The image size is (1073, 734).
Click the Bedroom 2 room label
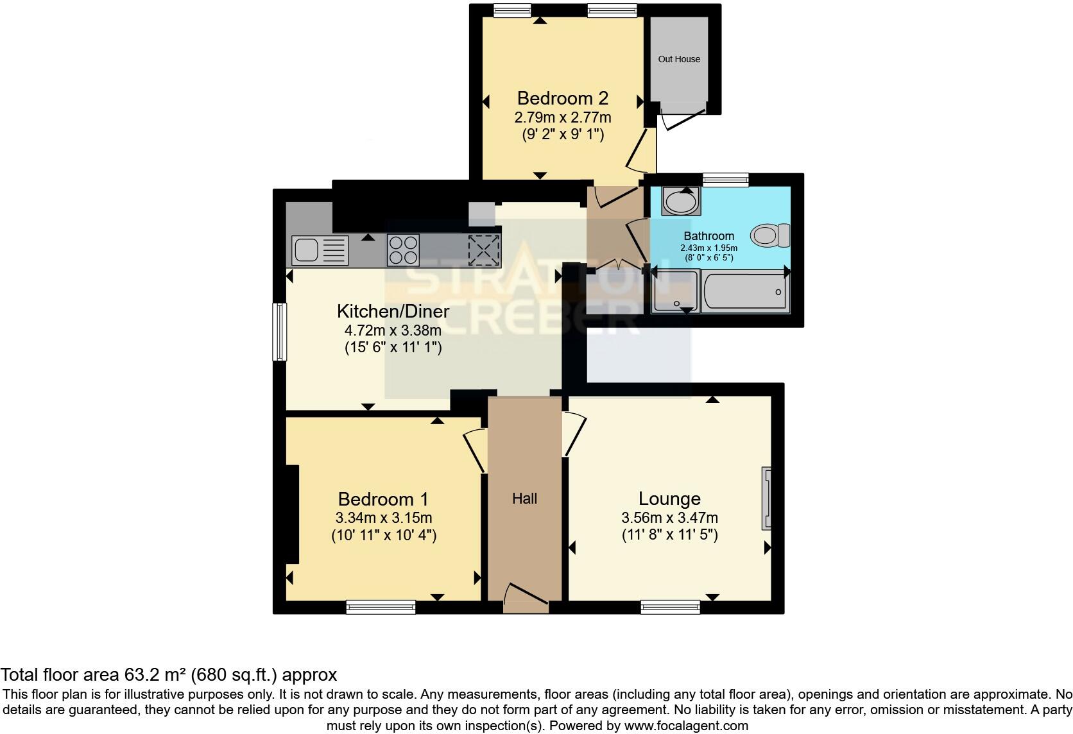click(562, 98)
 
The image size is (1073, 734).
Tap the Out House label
click(679, 59)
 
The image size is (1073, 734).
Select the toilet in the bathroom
click(771, 235)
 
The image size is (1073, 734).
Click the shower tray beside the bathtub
click(674, 292)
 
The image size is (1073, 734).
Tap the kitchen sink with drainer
click(320, 250)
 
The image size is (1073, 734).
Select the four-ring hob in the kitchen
click(403, 250)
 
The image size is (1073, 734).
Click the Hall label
click(524, 499)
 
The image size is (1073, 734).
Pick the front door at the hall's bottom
click(526, 600)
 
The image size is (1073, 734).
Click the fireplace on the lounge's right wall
click(766, 499)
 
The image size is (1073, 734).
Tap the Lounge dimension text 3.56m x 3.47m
click(669, 518)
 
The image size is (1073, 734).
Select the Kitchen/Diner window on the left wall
click(280, 332)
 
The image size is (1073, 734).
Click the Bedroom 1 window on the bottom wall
click(381, 606)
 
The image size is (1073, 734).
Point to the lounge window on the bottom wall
click(670, 606)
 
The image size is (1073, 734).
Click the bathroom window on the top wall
click(725, 180)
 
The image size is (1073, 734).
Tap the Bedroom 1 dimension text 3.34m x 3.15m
click(383, 518)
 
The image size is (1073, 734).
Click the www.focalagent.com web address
click(685, 726)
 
